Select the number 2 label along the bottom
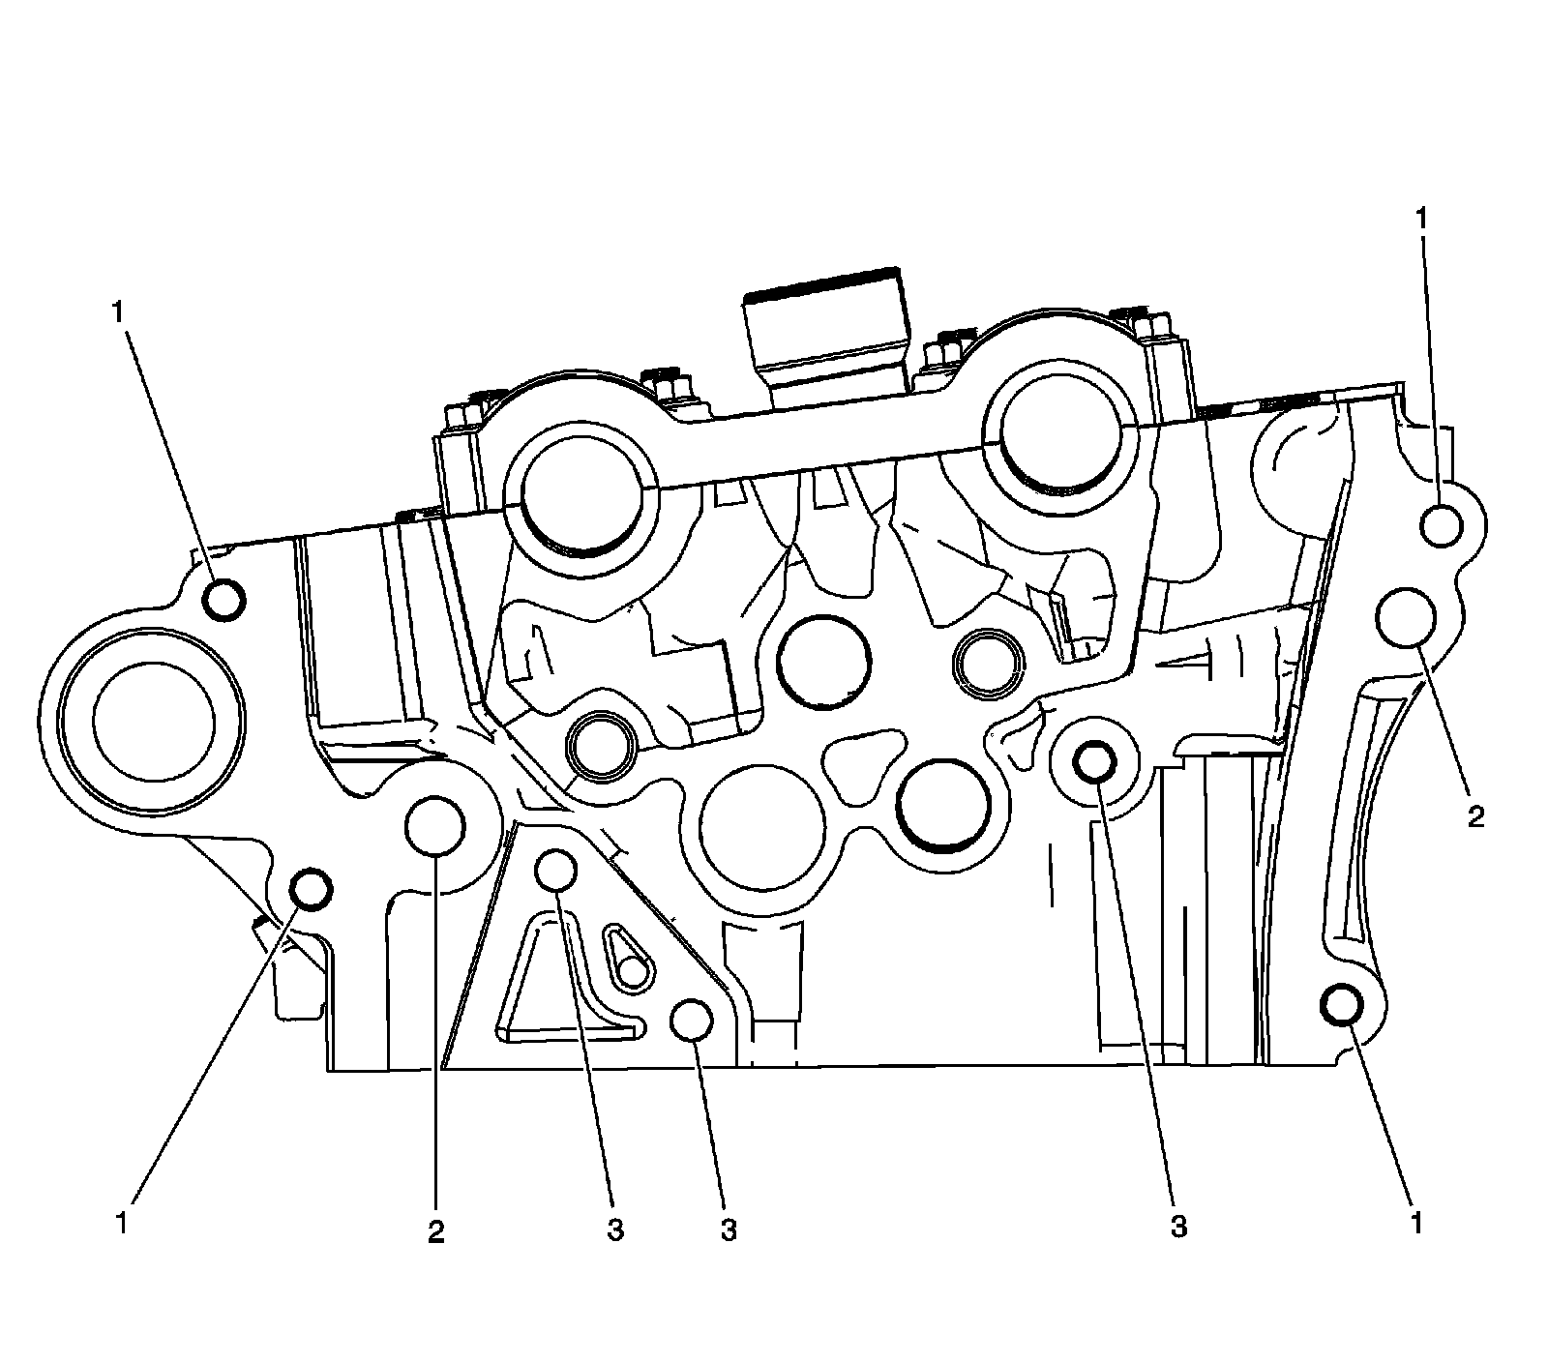click(436, 1231)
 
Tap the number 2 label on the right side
click(1474, 817)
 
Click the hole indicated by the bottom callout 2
click(436, 826)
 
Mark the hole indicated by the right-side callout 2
click(1406, 617)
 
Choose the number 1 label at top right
click(1422, 219)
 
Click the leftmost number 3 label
click(615, 1229)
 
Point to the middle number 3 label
click(729, 1229)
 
